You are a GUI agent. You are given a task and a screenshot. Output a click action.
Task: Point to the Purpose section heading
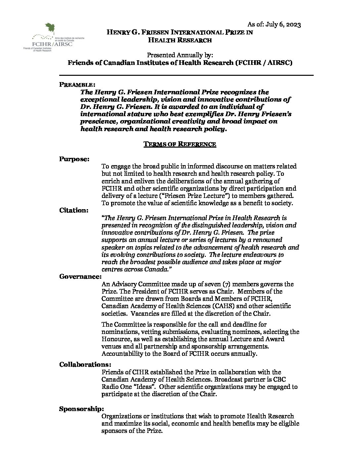point(74,159)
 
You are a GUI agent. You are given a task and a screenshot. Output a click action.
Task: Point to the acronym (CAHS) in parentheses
point(215,306)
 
